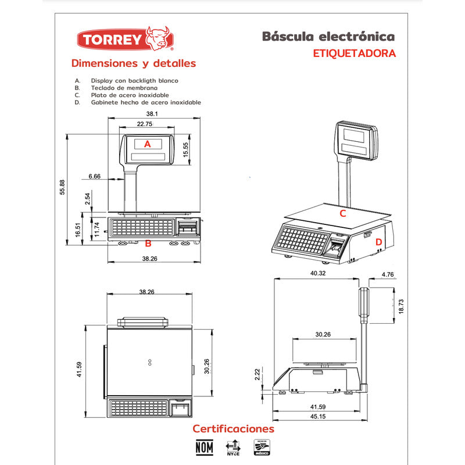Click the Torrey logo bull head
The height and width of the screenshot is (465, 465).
coord(158,38)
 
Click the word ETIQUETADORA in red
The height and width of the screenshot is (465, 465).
coord(354,53)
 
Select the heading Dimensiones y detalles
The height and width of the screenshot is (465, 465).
coord(133,63)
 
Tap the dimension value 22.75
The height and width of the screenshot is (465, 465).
coord(145,124)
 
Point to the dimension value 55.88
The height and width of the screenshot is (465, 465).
coord(63,188)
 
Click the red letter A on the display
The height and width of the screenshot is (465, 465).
coord(147,144)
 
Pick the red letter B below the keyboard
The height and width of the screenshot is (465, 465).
coord(148,244)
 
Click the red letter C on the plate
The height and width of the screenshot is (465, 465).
coord(343,213)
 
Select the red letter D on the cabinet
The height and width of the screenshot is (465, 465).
coord(378,242)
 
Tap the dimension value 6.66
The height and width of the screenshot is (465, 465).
coord(94,176)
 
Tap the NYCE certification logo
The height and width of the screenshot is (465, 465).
coord(233,448)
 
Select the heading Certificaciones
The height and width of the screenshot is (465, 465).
coord(233,429)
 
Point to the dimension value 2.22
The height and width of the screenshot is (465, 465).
coord(258,375)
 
